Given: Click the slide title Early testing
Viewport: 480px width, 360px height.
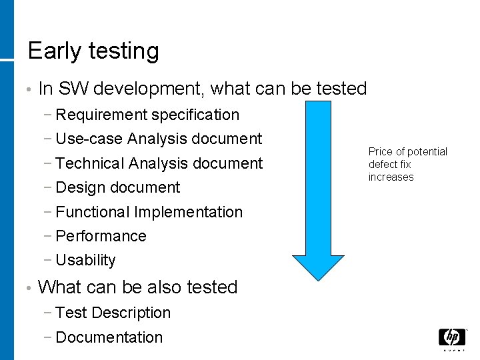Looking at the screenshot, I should click(93, 51).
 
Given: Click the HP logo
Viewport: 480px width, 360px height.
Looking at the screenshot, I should click(451, 337).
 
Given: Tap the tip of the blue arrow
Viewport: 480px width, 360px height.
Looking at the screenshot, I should click(319, 279).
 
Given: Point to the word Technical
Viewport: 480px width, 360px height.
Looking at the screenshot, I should click(90, 163).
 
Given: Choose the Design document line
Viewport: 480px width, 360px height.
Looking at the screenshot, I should click(118, 188).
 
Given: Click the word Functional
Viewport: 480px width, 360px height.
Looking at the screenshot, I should click(93, 212).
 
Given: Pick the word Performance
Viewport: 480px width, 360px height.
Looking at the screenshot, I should click(101, 236).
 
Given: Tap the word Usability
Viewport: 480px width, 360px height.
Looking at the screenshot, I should click(86, 261).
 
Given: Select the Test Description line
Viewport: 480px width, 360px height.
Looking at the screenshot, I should click(113, 313).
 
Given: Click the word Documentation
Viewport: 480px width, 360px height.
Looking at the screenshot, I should click(109, 337).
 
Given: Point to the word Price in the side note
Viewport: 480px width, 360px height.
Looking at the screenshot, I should click(381, 152).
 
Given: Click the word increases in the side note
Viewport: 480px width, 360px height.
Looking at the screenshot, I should click(391, 177).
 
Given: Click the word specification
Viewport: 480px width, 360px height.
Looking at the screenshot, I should click(195, 115).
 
